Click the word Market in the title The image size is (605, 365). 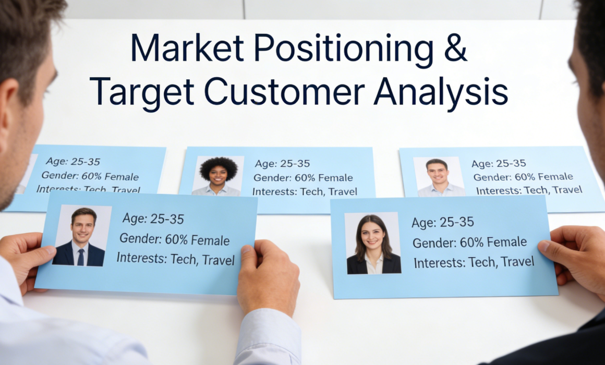coord(188,48)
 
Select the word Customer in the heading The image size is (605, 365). coord(284,92)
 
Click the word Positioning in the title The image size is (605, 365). coord(343,50)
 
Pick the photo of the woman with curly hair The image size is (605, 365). coord(218,176)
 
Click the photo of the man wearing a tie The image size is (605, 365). coord(82,236)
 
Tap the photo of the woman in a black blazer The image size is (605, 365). coord(373,243)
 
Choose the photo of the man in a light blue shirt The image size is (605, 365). coord(439,177)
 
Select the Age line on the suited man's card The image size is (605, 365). coord(153,219)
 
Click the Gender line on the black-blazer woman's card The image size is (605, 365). coord(469,242)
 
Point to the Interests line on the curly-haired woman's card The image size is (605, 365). coord(305,191)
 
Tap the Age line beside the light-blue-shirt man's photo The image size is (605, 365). coord(499,164)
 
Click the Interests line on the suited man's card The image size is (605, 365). coord(176,259)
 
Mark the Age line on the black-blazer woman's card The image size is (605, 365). coord(443,222)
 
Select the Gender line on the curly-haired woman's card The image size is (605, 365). coord(303,177)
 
